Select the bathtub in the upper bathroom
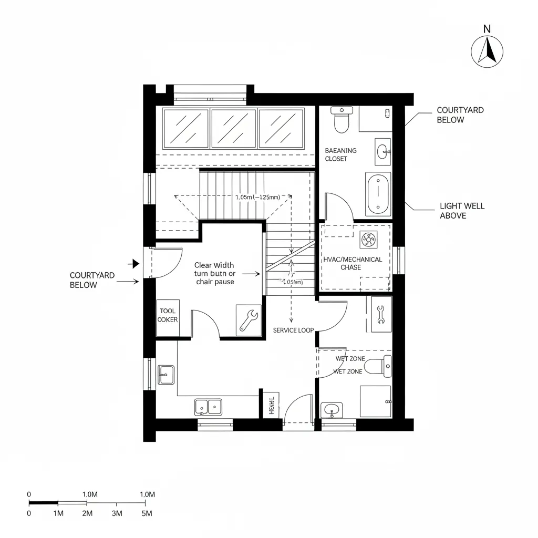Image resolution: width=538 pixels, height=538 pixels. click(378, 194)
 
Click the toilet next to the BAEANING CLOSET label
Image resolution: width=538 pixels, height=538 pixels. click(342, 120)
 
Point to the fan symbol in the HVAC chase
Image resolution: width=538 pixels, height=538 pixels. click(367, 241)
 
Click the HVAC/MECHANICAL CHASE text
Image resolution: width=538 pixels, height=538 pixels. click(353, 263)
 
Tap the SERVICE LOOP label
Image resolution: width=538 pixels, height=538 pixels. click(293, 330)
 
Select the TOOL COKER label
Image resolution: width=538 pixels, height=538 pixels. click(168, 315)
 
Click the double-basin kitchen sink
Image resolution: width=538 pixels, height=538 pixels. click(208, 406)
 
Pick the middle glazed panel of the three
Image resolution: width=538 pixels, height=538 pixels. click(233, 129)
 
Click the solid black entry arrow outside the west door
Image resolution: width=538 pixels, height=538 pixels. click(135, 263)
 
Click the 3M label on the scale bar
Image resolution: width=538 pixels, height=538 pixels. click(117, 513)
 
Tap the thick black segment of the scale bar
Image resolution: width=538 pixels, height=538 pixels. click(43, 503)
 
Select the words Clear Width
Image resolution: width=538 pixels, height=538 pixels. click(214, 265)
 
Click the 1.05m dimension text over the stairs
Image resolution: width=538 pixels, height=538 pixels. click(257, 197)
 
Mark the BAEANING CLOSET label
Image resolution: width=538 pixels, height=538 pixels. click(340, 154)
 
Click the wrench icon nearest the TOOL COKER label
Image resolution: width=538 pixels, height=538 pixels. click(247, 319)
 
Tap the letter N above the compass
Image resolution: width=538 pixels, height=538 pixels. click(487, 29)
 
